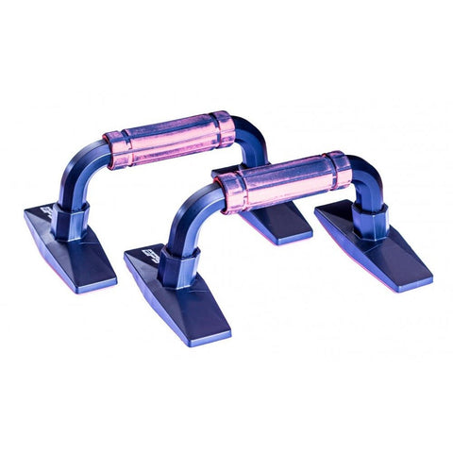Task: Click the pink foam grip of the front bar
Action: [283, 180]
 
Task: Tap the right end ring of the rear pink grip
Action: [223, 129]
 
